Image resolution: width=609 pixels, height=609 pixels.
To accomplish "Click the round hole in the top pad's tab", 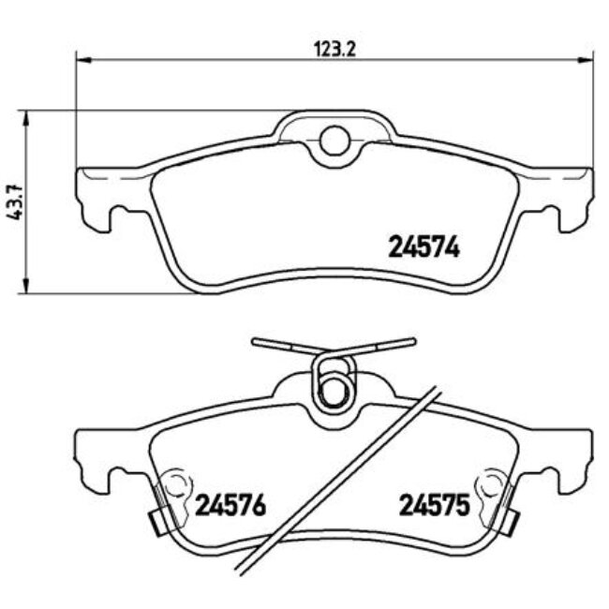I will tap(334, 141).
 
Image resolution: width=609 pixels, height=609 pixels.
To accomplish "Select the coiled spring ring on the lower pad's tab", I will tap(333, 387).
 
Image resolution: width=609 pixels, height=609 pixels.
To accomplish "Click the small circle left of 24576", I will tap(173, 486).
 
